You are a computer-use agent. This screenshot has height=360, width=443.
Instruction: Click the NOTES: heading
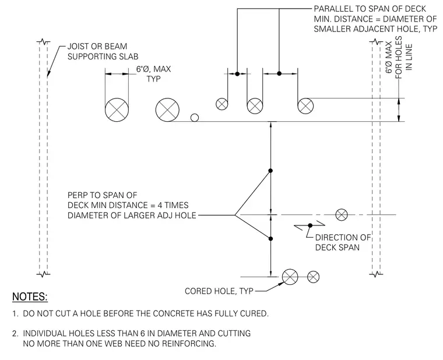coord(30,297)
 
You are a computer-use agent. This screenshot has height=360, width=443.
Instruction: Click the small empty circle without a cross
coord(194,118)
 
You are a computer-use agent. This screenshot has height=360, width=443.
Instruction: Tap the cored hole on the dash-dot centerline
coord(342,214)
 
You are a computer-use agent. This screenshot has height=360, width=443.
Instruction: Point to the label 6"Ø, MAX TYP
coord(153,74)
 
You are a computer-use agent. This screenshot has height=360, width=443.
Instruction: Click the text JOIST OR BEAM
coord(97,46)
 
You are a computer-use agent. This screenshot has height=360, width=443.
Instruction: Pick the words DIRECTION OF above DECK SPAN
coord(343,238)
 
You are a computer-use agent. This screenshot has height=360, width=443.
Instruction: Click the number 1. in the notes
coord(16,313)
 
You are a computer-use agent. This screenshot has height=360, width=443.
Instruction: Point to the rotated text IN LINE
coord(409,57)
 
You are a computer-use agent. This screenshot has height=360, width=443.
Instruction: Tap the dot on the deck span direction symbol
coord(310,225)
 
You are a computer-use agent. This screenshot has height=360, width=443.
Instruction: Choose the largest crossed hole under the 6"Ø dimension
coord(117,110)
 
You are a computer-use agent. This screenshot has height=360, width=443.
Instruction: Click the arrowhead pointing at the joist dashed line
coord(48,73)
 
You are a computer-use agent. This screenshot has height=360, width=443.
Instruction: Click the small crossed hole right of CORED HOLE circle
coord(313,277)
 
